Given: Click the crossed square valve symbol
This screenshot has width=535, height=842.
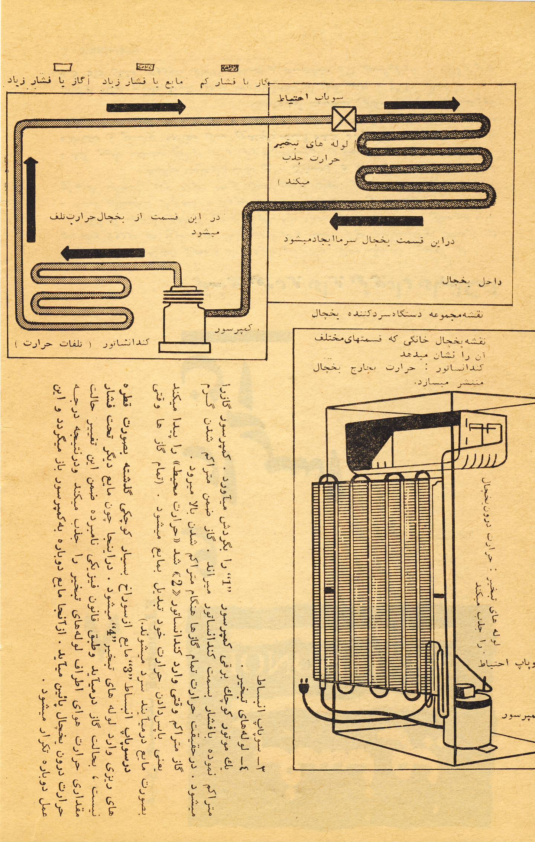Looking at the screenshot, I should tap(344, 119).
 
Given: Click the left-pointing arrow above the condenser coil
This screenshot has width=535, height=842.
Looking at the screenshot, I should tap(102, 253).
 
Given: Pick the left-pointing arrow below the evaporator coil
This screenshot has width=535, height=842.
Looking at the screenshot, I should tap(376, 221).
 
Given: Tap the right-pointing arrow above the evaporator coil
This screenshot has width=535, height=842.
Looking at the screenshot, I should tap(421, 105).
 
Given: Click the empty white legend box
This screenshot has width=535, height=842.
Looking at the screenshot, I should tap(63, 67).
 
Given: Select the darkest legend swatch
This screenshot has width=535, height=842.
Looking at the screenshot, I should tap(230, 67).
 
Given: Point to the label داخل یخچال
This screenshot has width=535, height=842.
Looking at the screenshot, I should tap(471, 281).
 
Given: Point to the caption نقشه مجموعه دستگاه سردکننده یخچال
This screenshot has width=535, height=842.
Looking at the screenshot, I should tap(397, 314).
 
